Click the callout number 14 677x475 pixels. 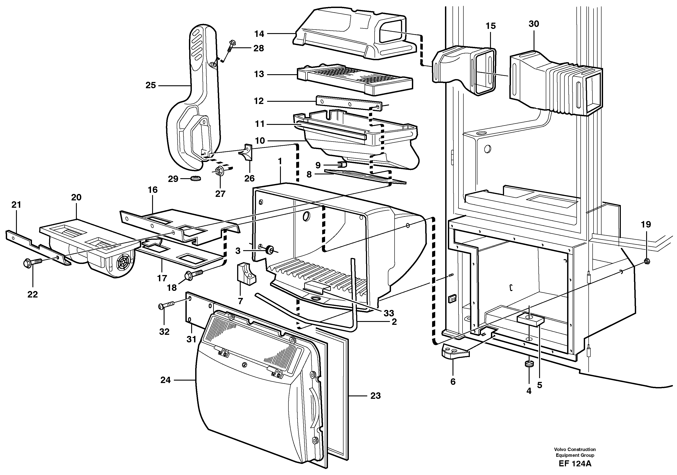[x=259, y=34]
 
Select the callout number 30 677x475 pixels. [x=534, y=24]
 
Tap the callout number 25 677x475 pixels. [x=150, y=86]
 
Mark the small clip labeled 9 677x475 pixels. [x=342, y=163]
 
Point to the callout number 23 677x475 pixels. [x=375, y=396]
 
